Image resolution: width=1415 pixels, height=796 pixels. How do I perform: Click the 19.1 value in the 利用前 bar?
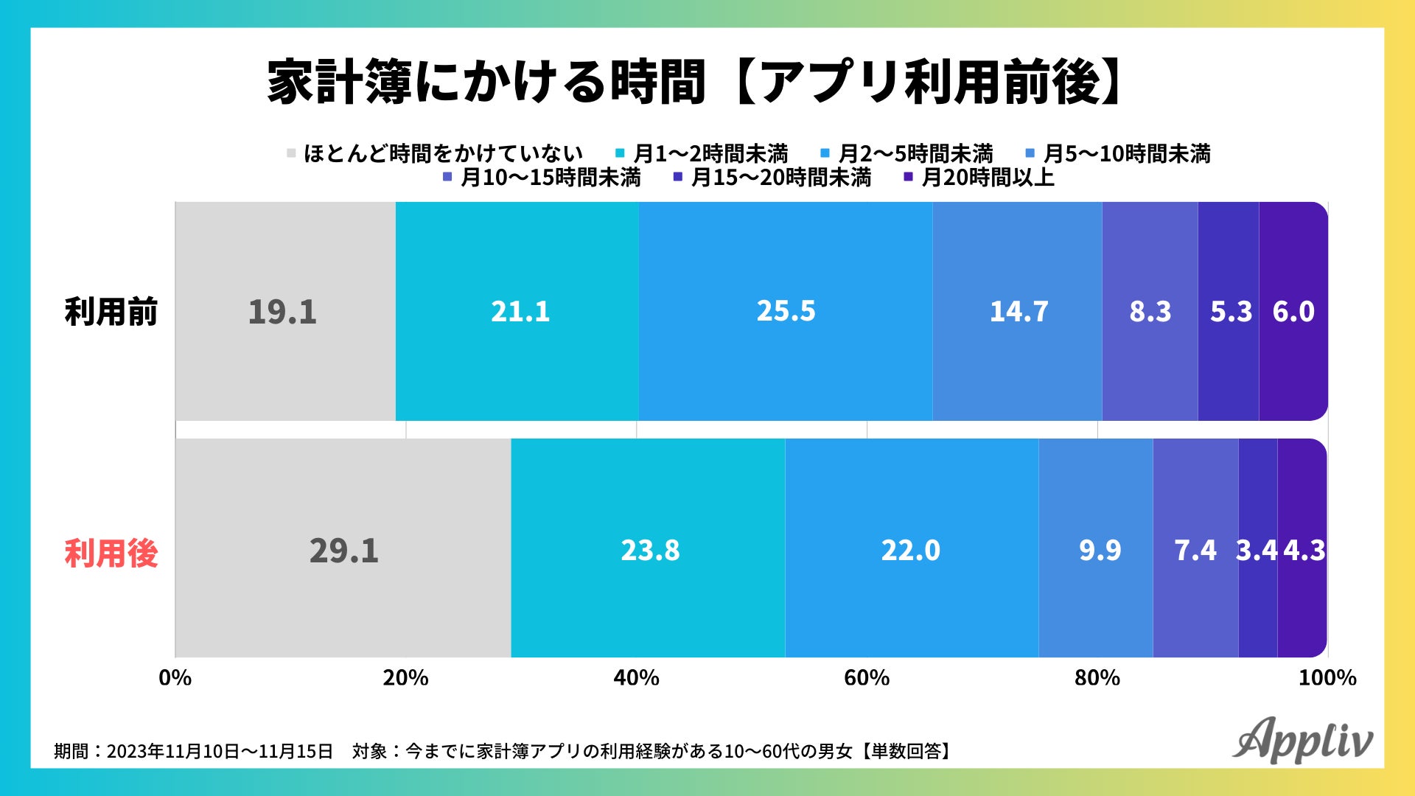(282, 312)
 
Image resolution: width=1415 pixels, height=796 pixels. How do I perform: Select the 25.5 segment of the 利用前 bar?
(786, 311)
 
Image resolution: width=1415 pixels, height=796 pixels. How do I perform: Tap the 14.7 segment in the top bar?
(1018, 312)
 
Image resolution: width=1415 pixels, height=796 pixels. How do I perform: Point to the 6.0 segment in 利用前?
(1293, 312)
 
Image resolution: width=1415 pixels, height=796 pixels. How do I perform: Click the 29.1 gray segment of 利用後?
(343, 551)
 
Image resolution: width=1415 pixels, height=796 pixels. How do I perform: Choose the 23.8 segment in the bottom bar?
(649, 551)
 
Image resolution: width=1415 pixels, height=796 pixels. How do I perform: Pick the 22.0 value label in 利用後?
(911, 551)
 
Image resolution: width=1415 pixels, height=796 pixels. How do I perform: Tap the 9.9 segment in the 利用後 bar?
(1100, 551)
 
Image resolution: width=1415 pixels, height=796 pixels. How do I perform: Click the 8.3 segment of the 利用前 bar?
(1150, 312)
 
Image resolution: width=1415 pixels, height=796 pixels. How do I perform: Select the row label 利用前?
(111, 312)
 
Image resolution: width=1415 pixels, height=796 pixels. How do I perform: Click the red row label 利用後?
(111, 554)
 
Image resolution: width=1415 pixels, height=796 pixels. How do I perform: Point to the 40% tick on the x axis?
(637, 678)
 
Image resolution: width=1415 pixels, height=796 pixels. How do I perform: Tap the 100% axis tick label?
(1327, 678)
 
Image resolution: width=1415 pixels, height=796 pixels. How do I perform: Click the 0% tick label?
(175, 678)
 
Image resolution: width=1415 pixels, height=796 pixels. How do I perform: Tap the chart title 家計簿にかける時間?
(486, 81)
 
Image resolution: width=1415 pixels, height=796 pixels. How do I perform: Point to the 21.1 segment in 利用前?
(520, 312)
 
